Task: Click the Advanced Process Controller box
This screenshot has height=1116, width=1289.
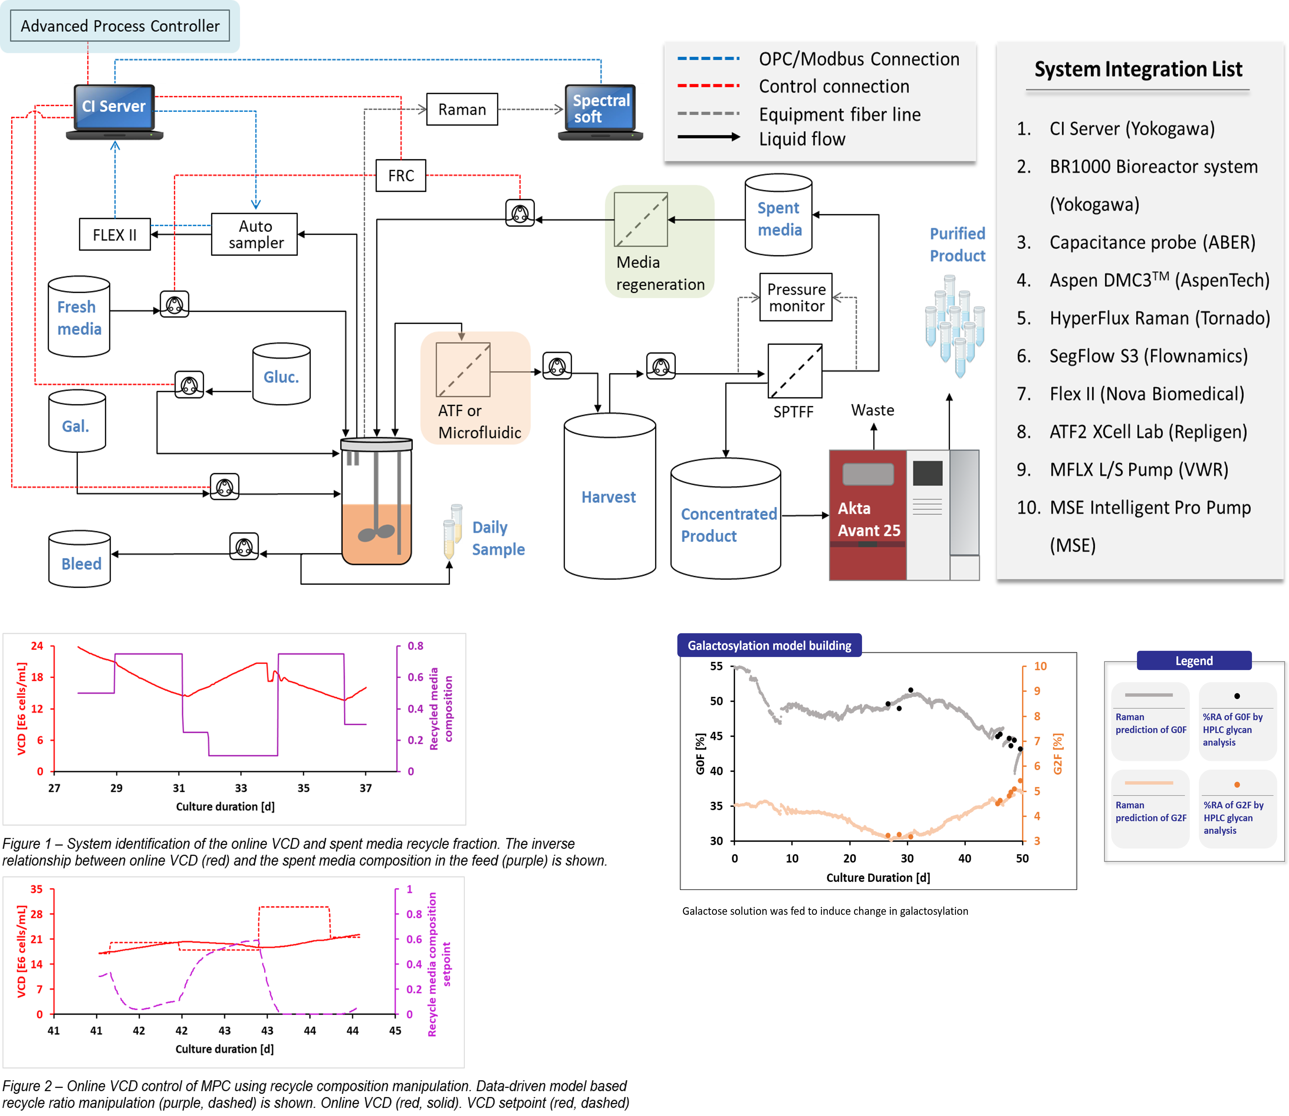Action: pos(120,26)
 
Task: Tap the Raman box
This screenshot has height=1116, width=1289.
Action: pos(462,110)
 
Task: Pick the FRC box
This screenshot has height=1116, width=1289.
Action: pos(401,176)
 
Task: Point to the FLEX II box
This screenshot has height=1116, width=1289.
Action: pos(115,235)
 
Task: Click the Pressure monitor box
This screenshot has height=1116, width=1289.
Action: pos(796,298)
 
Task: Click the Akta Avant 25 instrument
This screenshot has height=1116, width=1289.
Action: pos(903,515)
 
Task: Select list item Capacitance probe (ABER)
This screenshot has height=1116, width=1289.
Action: pos(1152,242)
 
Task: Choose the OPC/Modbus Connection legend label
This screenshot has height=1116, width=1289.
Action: pos(859,59)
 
